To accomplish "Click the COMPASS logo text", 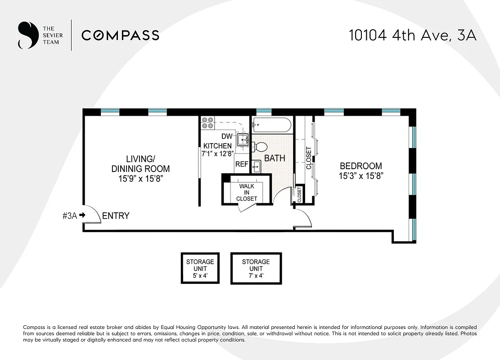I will pos(120,35).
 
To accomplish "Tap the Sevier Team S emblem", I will pos(27,35).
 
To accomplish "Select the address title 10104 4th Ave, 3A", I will pos(412,36).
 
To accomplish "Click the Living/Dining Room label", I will pos(140,164).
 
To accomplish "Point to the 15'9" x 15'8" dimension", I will pos(140,179).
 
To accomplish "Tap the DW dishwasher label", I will pos(227,136).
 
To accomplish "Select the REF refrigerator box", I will pos(242,164).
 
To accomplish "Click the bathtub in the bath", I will pos(272,125).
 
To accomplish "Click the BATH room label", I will pos(275,158).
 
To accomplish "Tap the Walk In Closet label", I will pos(247,193).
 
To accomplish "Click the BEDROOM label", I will pos(360,166).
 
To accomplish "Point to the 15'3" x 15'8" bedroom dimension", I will pos(360,176).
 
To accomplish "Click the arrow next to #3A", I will pos(82,216).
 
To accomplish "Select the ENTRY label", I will pos(116,216).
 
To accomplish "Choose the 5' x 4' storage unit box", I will pos(200,268).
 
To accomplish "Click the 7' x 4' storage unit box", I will pos(256,268).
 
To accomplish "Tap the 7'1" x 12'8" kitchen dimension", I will pos(217,153).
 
